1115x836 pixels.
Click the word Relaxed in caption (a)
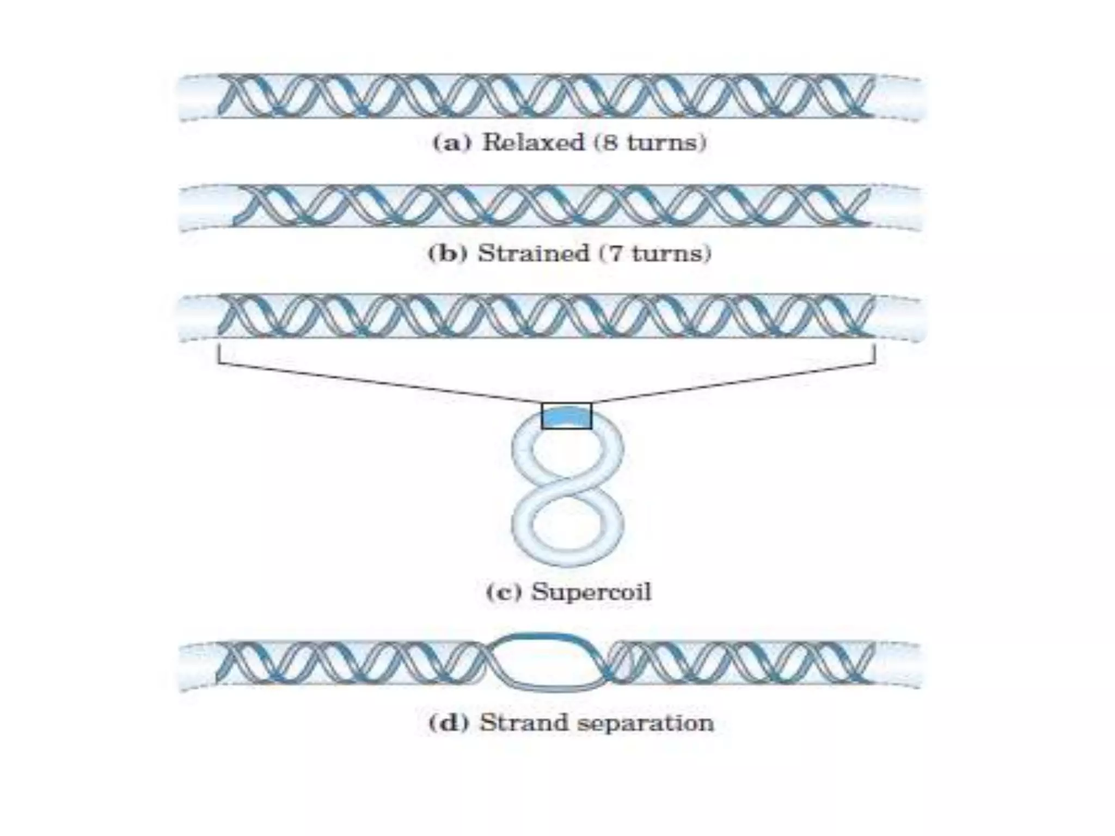coord(532,143)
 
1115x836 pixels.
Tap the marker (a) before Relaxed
coord(449,143)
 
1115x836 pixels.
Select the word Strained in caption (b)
coord(533,254)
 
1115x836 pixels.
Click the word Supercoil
coord(591,592)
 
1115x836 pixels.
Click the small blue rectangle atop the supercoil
coord(566,416)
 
